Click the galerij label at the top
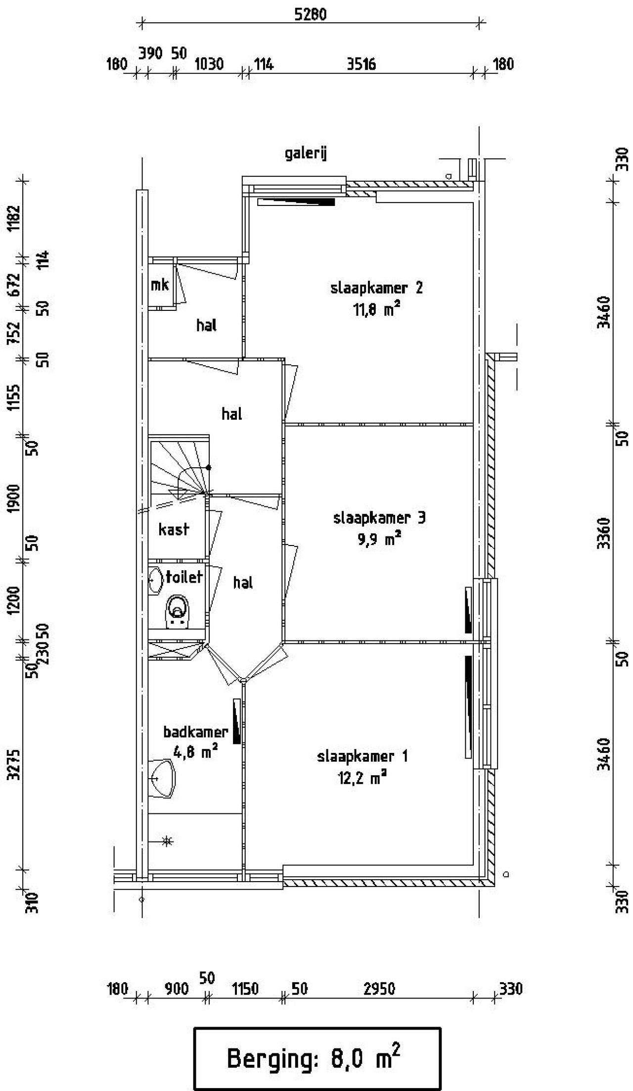click(x=306, y=153)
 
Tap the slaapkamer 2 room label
click(x=377, y=288)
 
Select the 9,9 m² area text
click(x=379, y=539)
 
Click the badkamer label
click(x=196, y=732)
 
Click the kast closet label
click(x=174, y=529)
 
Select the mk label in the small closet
click(x=160, y=285)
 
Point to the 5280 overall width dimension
click(x=311, y=14)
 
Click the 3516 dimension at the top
click(x=361, y=64)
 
